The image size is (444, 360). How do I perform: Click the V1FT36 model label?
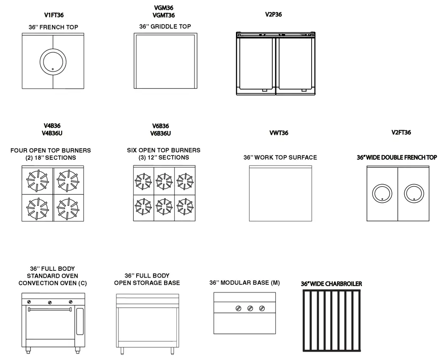point(54,15)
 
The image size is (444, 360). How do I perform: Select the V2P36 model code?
point(273,15)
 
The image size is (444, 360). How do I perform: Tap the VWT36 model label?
point(279,133)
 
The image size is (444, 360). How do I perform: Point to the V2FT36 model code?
point(401,133)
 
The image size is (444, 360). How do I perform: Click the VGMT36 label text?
point(163,16)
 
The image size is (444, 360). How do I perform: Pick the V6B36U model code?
point(160,134)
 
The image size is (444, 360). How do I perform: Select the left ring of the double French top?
point(382,194)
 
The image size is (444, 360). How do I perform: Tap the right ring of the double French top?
point(414,194)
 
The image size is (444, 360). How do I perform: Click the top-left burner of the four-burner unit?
point(38,179)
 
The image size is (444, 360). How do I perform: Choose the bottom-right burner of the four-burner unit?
point(68,207)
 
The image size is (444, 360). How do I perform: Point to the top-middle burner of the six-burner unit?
point(164,181)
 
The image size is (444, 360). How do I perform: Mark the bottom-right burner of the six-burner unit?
point(185,206)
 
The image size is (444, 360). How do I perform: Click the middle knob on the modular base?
point(250,309)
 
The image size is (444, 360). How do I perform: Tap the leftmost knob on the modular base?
point(239,309)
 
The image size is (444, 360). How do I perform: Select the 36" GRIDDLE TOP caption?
point(165,27)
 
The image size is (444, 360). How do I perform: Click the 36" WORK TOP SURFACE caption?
point(280,158)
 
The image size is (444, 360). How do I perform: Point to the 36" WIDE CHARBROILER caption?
point(331,284)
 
